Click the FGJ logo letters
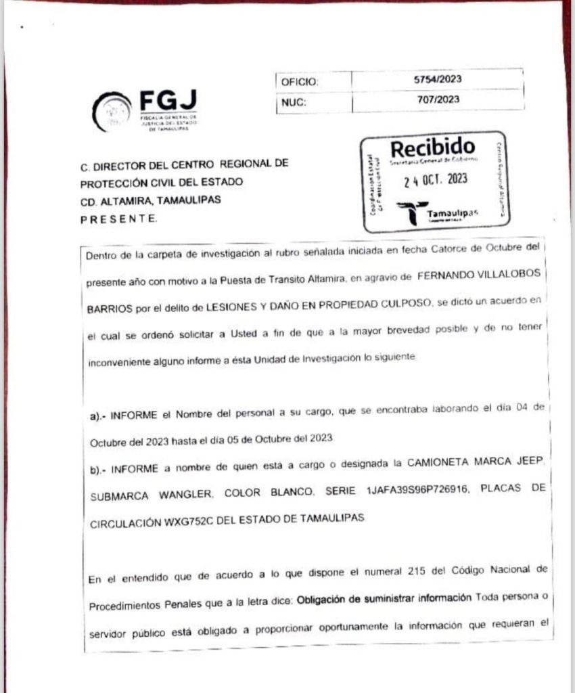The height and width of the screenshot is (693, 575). click(168, 101)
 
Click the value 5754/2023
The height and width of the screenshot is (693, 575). click(438, 79)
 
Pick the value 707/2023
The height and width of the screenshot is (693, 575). click(438, 99)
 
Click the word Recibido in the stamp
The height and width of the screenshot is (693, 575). click(433, 146)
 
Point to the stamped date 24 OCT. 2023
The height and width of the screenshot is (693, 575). click(436, 181)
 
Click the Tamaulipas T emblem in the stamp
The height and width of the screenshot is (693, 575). click(411, 211)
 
